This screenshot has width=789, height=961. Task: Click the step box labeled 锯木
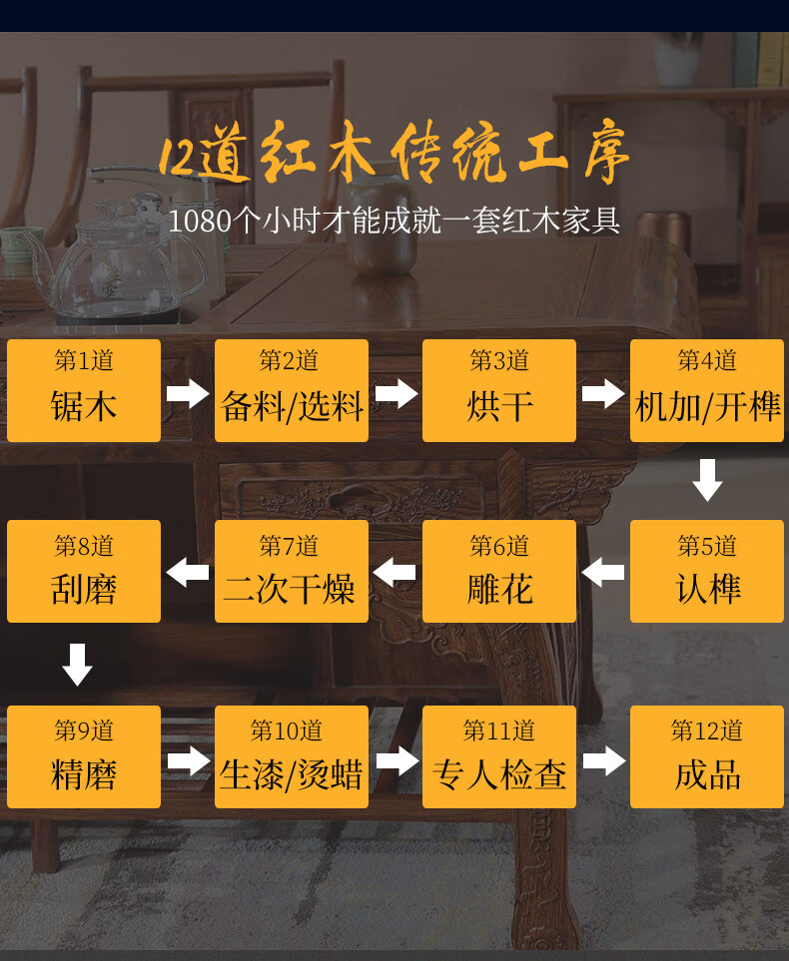84,390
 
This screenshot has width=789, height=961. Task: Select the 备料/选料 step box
292,390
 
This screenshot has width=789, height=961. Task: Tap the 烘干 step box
499,390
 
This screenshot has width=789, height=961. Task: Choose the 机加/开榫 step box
707,390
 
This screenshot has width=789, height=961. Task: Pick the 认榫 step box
707,571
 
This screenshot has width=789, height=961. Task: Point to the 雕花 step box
499,571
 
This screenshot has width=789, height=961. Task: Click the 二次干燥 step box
292,571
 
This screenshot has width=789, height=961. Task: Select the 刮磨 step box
84,571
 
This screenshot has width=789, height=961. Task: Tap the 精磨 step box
84,756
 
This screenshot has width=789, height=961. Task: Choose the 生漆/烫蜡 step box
292,756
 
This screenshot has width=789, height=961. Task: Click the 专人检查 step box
499,756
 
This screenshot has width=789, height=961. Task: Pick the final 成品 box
707,756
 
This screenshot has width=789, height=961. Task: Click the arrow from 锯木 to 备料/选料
188,393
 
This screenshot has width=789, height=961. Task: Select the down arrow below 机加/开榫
707,479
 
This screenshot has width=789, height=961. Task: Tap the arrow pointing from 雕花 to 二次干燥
395,573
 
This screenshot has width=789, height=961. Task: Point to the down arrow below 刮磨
78,665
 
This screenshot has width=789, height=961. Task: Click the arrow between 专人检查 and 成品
603,761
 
